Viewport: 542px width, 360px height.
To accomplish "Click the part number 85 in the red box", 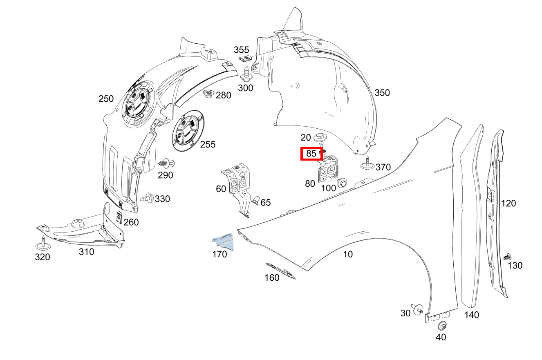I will coord(311,154).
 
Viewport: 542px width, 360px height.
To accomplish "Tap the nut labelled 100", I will coord(342,182).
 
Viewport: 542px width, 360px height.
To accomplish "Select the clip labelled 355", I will coord(244,60).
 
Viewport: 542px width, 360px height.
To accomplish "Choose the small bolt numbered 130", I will coord(507,257).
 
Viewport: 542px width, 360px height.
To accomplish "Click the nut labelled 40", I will coord(442,326).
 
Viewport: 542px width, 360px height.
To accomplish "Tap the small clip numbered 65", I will coord(255,201).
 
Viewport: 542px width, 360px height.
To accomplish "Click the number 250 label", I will coord(106,99).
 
